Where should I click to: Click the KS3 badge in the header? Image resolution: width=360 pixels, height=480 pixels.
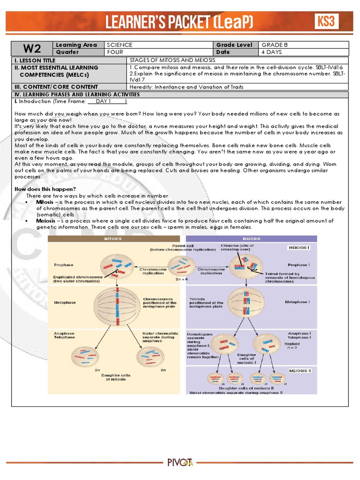click(326, 21)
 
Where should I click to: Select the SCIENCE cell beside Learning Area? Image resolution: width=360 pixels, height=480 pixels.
click(120, 45)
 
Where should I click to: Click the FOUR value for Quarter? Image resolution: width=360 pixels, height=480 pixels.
click(115, 52)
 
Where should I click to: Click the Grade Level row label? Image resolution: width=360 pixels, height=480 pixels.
click(234, 45)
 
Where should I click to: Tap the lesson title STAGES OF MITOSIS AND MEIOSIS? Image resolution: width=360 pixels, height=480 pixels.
click(172, 60)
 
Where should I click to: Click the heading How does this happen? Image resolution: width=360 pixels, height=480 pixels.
click(45, 188)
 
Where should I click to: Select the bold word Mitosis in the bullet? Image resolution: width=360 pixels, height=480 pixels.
click(45, 202)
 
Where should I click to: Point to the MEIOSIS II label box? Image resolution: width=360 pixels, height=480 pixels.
click(298, 371)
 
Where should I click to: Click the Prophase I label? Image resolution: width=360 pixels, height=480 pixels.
click(298, 265)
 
